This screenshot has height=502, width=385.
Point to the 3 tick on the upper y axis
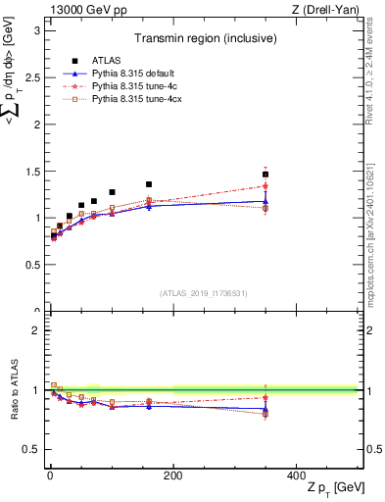coord(37,30)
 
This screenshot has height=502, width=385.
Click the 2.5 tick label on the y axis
coord(32,77)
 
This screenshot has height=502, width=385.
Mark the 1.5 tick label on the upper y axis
coord(32,172)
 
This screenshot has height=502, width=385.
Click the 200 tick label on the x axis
coord(172,476)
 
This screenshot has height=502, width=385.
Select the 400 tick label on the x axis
coord(297,476)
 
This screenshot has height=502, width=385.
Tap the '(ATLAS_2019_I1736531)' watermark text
coord(203,293)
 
